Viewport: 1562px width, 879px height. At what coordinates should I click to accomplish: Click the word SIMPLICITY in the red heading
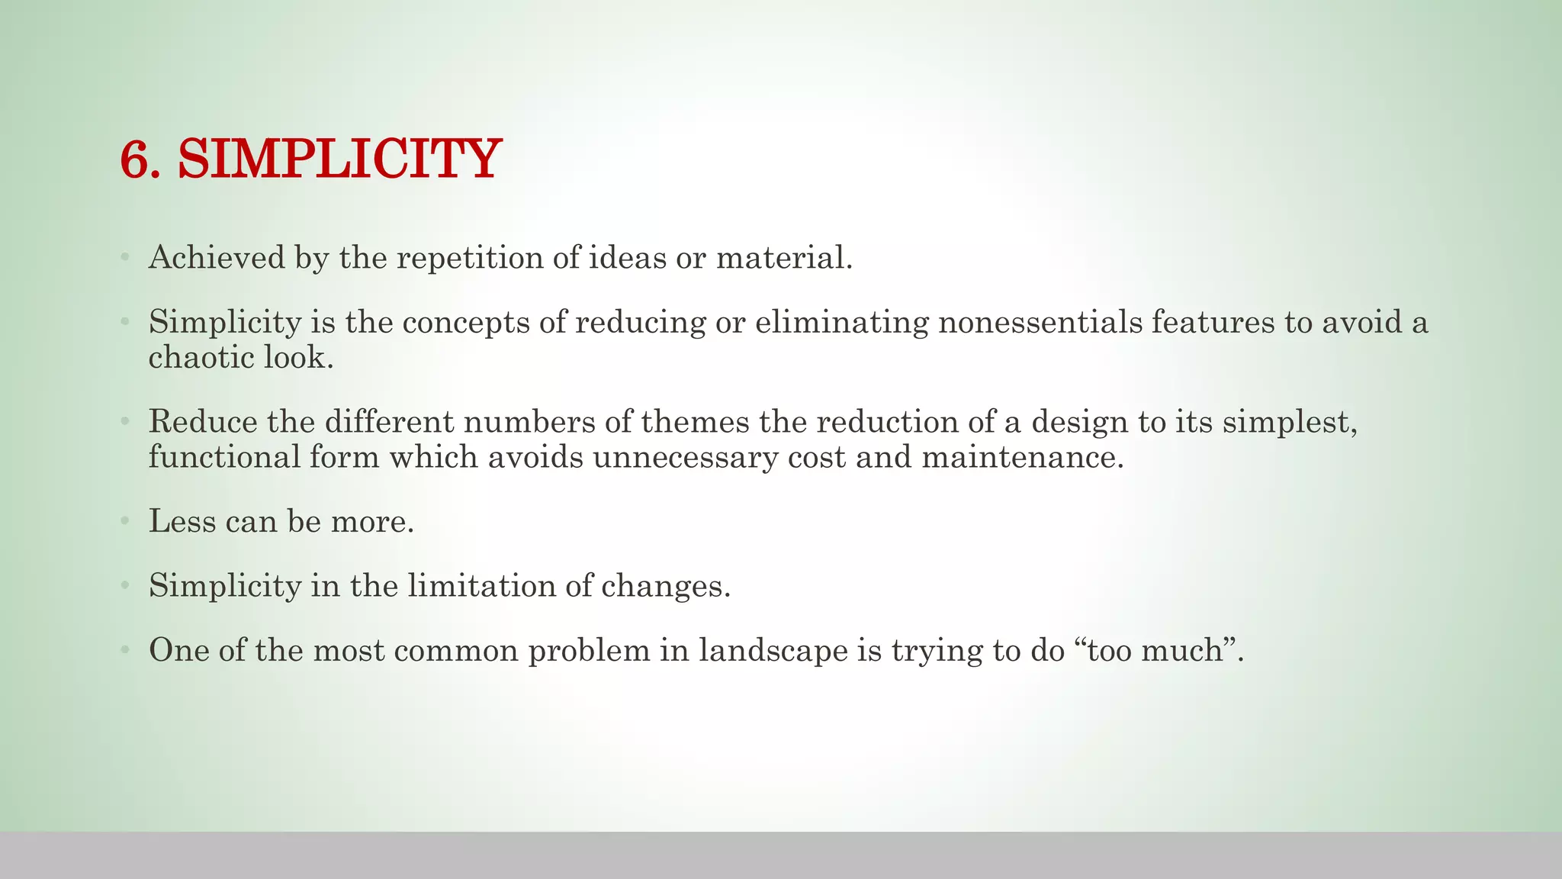point(339,159)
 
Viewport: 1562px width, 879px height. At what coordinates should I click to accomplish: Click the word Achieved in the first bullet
point(217,258)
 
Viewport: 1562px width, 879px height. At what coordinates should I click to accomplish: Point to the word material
point(783,258)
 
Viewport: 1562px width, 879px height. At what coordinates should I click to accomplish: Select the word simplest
point(1290,421)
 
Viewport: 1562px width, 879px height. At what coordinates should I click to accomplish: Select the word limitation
point(481,586)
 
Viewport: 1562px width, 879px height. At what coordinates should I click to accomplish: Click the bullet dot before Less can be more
point(124,522)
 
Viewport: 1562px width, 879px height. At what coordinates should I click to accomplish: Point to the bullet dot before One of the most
point(124,651)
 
